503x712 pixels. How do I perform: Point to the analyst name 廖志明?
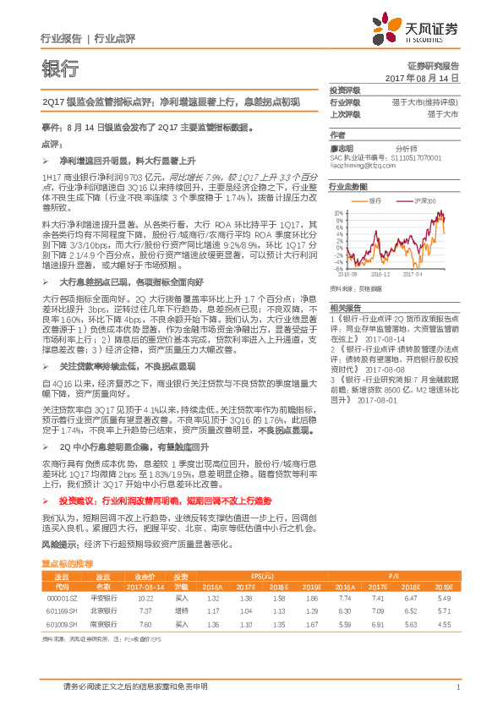click(342, 147)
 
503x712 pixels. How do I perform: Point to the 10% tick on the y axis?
click(338, 211)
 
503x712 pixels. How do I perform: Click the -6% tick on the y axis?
click(338, 269)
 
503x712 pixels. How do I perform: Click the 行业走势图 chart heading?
click(347, 185)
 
